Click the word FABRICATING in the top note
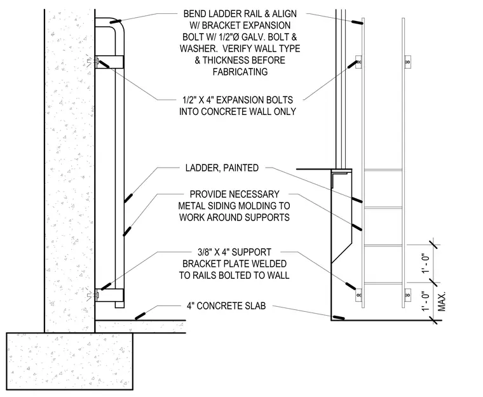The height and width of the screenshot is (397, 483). tap(240, 72)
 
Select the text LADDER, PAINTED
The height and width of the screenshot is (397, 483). tap(222, 168)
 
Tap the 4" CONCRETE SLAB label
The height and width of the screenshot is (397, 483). tap(226, 306)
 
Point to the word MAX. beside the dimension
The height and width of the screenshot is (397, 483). tap(442, 302)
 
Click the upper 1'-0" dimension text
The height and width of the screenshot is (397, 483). tap(425, 264)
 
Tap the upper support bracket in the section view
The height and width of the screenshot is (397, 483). tap(109, 62)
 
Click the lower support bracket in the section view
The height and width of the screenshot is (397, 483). tap(109, 295)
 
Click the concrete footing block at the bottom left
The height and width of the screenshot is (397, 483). tap(70, 361)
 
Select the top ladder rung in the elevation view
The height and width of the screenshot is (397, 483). tap(383, 170)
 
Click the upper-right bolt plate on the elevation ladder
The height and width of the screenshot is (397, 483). tap(407, 62)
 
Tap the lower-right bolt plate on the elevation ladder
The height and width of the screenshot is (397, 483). tap(407, 295)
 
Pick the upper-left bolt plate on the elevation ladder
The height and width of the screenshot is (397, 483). tap(358, 62)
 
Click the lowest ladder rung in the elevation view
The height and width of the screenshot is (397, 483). tap(383, 283)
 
